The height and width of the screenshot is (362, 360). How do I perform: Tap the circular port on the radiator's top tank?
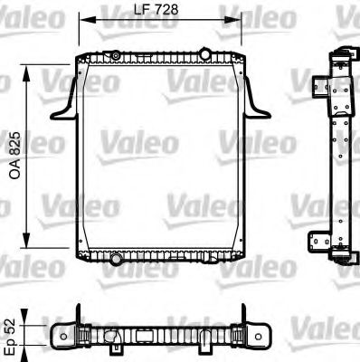115,57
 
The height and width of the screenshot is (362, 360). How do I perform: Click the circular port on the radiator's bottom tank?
115,260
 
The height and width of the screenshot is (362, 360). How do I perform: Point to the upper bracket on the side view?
320,89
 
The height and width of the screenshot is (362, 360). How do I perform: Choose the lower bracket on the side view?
320,243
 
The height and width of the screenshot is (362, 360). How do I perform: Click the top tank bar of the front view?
163,58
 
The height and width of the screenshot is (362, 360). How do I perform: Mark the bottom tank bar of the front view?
163,258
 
